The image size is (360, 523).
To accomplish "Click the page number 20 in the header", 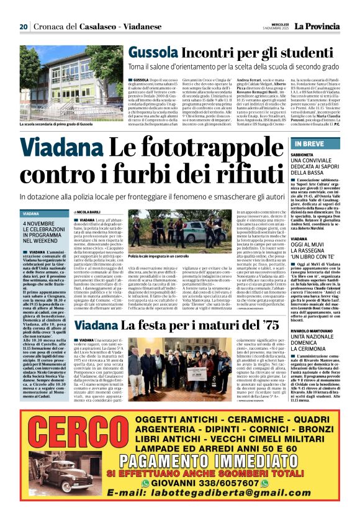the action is click(x=24, y=27).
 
